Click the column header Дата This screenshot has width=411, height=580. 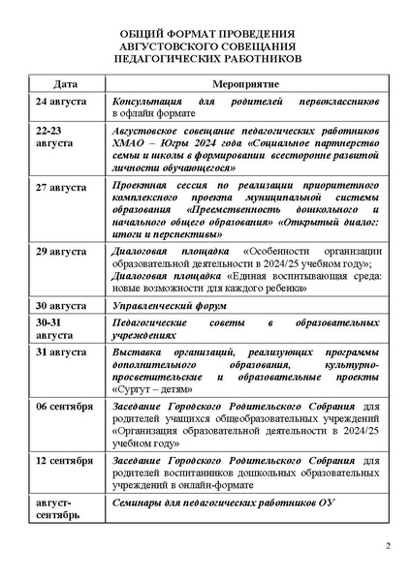(x=66, y=85)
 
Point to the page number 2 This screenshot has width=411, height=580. (x=386, y=549)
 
